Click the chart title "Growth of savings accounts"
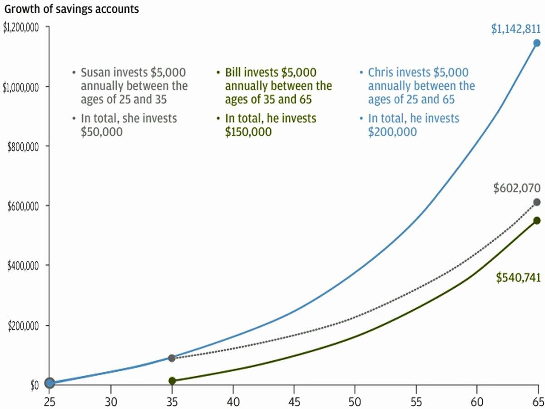tap(71, 9)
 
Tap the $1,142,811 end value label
tap(515, 30)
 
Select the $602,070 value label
tap(517, 188)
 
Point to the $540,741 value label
tap(518, 278)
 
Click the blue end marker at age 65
tap(537, 43)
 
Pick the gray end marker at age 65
tap(537, 202)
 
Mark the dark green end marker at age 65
tap(537, 220)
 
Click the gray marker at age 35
tap(172, 358)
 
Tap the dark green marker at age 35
tap(172, 380)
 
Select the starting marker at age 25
tap(50, 383)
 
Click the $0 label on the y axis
tap(35, 385)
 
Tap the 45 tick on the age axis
tap(294, 402)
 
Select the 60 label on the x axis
tap(477, 402)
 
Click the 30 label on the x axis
tap(111, 402)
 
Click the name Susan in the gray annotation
tap(95, 73)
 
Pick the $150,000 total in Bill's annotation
tap(248, 132)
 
